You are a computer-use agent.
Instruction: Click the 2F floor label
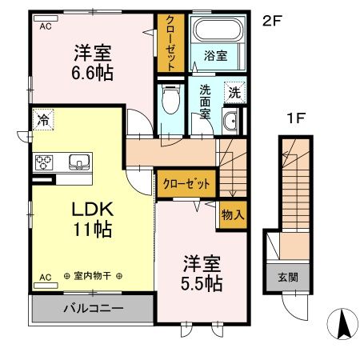coord(274,22)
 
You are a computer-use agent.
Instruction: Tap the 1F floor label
coord(297,120)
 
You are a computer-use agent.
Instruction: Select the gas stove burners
coord(43,162)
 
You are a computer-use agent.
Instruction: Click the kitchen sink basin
coord(78,162)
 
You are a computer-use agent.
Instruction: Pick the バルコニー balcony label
coord(91,307)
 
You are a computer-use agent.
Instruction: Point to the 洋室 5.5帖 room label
coord(200,273)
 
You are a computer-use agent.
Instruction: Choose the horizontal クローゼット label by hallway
coord(186,183)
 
